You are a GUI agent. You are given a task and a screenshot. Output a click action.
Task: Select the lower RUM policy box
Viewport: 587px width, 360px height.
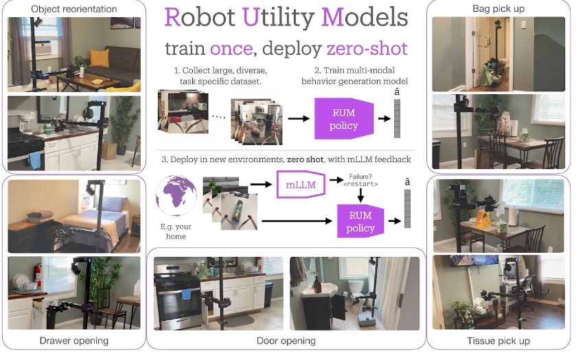[x=359, y=220]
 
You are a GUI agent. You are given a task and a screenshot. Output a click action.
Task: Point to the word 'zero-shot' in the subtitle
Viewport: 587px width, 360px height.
[x=367, y=49]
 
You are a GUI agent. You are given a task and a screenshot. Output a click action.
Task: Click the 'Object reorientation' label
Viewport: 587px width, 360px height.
[x=74, y=9]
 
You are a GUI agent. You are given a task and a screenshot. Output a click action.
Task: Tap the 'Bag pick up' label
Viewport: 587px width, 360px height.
[x=498, y=8]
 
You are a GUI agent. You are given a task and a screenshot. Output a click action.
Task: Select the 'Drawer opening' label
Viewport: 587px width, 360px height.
[x=74, y=341]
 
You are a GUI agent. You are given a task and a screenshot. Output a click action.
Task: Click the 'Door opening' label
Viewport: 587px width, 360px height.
[x=286, y=341]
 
